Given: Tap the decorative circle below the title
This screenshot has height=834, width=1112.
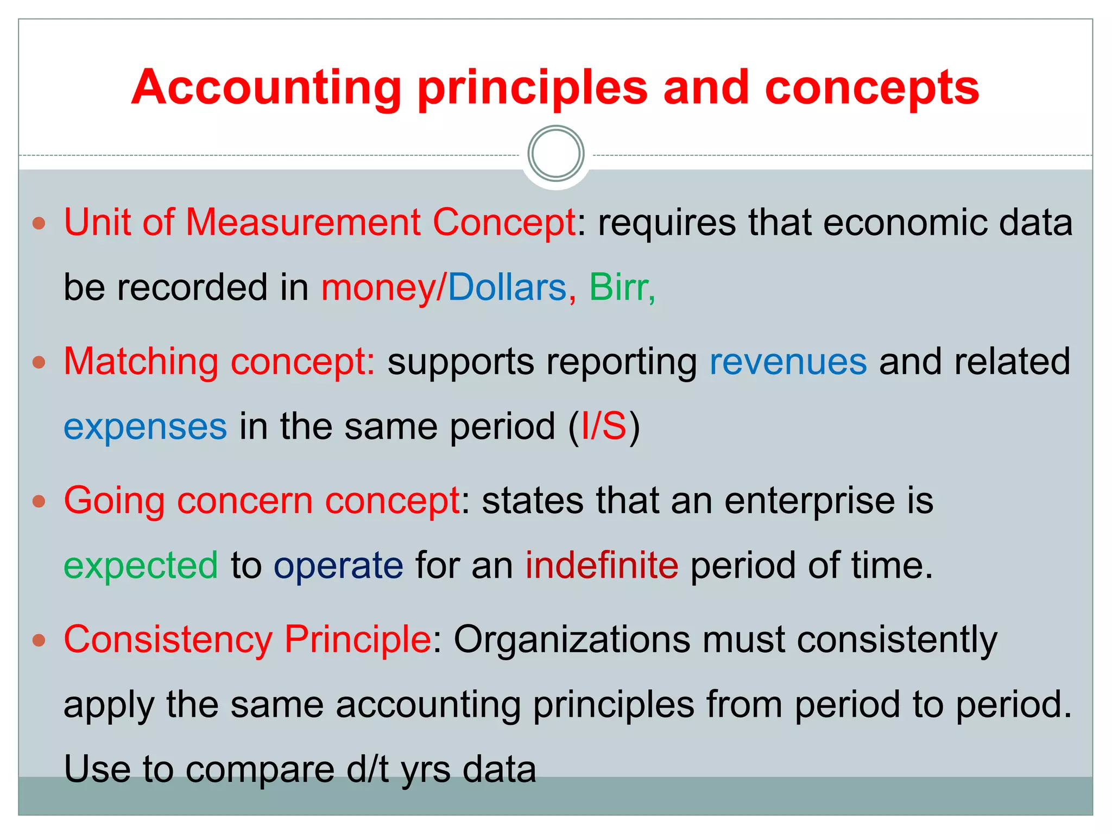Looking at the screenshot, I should pos(556,154).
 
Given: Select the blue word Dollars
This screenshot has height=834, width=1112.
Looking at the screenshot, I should pos(507,287).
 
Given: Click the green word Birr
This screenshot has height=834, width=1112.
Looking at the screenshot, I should pos(619,287).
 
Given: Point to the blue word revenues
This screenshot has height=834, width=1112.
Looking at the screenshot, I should pos(788,362).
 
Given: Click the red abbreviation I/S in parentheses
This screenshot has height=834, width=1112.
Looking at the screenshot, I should pos(604,426).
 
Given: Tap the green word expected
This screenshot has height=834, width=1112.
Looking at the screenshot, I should pos(141,566).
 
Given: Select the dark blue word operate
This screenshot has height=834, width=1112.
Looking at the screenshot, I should pos(338,566).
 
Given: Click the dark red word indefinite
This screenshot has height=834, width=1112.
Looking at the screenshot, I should pos(602,565).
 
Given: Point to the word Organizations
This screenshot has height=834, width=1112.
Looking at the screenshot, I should pos(572,640).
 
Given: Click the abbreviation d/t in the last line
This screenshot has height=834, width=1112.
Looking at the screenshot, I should pos(368,769).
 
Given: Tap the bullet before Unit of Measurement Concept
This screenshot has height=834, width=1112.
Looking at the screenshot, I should pos(39,223).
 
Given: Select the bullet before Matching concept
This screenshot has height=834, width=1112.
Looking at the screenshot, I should pos(39,362).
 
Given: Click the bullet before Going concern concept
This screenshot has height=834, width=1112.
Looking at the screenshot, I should pos(39,501).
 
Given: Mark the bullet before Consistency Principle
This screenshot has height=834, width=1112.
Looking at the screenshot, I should pos(39,640).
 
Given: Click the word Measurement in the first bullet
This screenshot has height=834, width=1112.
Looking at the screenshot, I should pos(303,223).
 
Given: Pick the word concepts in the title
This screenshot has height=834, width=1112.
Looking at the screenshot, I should pos(871,88).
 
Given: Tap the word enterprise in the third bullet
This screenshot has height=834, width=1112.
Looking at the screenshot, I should pos(810,501).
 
